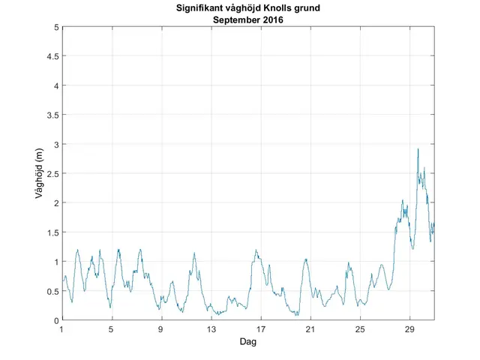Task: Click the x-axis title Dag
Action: tap(247, 342)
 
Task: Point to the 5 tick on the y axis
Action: tap(55, 27)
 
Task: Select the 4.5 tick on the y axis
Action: tap(52, 56)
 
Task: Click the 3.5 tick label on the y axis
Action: tap(52, 115)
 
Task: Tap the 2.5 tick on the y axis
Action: tap(52, 173)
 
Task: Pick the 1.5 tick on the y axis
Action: tap(52, 232)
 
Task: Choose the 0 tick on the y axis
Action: tap(55, 320)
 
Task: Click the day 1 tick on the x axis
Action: tap(62, 329)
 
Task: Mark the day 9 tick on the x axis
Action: tap(161, 329)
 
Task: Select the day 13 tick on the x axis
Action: tap(211, 329)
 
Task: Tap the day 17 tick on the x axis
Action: tap(261, 329)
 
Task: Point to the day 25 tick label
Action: tap(360, 329)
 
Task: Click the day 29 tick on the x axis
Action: tap(409, 329)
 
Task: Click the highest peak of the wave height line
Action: tap(418, 149)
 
